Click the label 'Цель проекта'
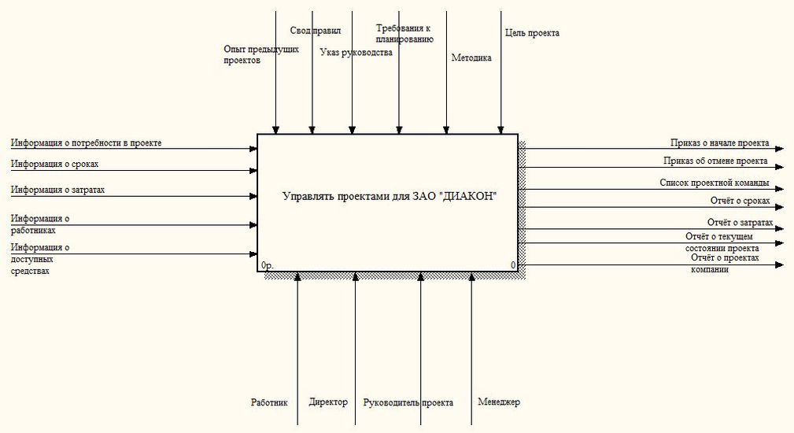click(532, 33)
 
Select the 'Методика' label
click(471, 57)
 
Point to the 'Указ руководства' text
click(356, 53)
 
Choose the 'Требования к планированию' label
click(404, 33)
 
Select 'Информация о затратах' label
click(57, 190)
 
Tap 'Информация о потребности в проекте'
click(87, 142)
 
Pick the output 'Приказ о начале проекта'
click(719, 142)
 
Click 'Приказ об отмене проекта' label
click(715, 161)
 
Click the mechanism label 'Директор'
click(328, 402)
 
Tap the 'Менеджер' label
click(499, 402)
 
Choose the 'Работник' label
click(269, 402)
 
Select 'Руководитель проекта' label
click(408, 403)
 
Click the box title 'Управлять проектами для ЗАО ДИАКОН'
click(390, 196)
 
